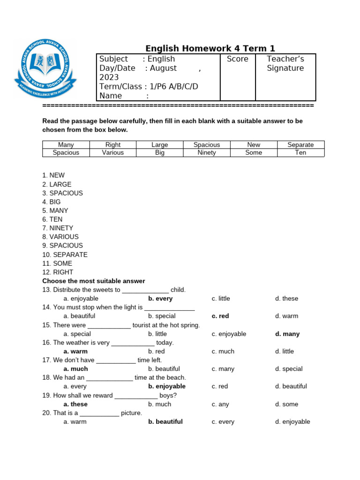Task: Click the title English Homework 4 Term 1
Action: tap(210, 48)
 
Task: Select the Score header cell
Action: tap(237, 59)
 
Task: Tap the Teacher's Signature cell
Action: tap(285, 64)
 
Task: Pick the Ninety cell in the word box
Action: tap(207, 153)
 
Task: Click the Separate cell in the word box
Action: tap(300, 145)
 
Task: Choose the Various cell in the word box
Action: tap(113, 153)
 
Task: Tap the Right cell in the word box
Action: tap(113, 145)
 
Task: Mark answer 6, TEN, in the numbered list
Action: tap(52, 219)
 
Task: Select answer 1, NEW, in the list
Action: tap(53, 175)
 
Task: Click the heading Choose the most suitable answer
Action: tap(94, 281)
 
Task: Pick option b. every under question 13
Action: tap(160, 299)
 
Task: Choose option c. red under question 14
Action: tap(220, 316)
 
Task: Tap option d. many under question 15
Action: tap(287, 334)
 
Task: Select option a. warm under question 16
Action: tap(75, 351)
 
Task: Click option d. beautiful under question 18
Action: tap(291, 386)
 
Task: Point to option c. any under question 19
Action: tap(219, 404)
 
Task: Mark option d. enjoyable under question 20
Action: tap(292, 421)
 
